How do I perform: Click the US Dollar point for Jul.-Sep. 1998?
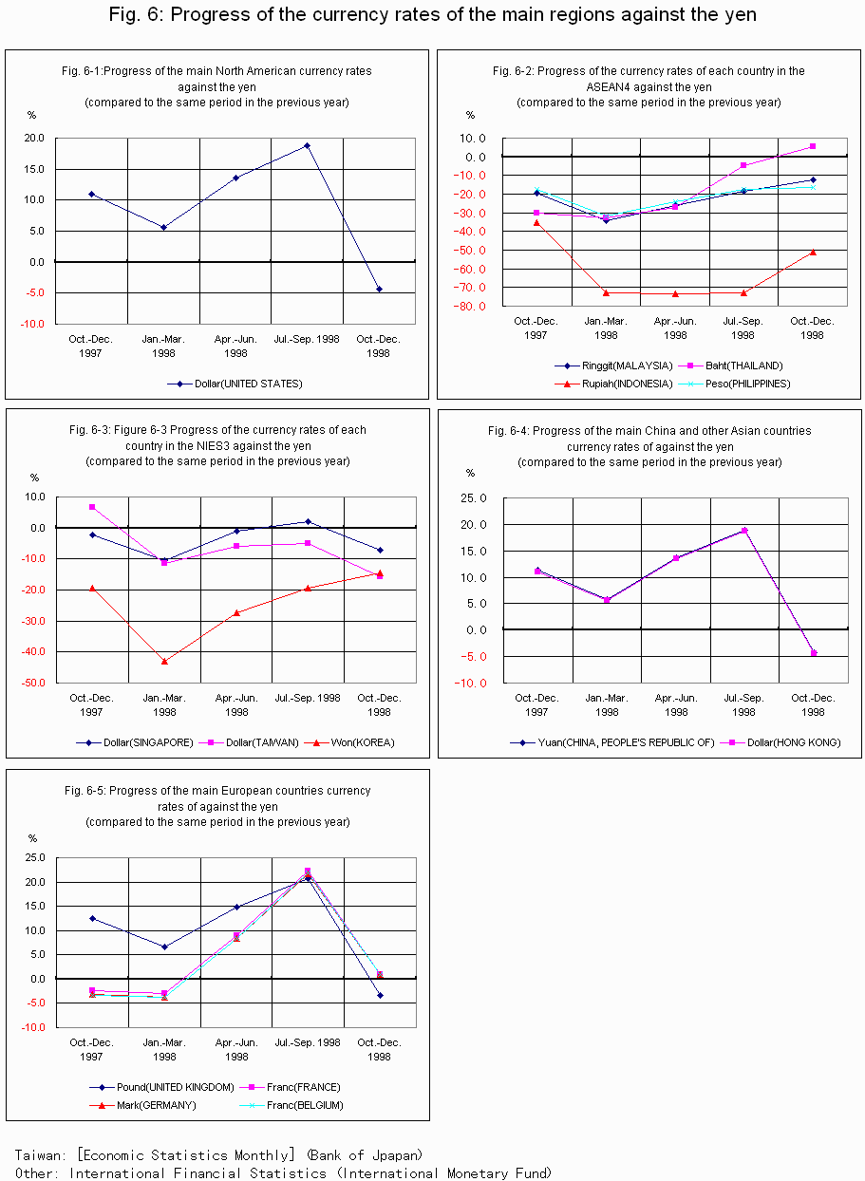coord(307,145)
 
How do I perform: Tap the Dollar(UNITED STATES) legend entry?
coord(235,384)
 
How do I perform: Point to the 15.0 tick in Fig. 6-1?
coord(34,169)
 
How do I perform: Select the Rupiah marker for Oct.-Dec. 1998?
coord(813,252)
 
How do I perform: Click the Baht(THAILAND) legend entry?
coord(730,366)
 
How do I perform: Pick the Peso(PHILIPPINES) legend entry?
coord(734,384)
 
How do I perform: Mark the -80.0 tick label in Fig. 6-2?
coord(469,307)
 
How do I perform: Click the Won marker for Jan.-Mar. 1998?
coord(164,661)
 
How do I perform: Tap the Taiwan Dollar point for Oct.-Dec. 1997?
coord(92,507)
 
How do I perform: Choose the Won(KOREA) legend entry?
coord(349,742)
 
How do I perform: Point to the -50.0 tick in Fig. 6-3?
coord(33,683)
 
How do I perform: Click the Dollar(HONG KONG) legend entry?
coord(780,742)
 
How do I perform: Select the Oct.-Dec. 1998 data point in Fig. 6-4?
coord(814,653)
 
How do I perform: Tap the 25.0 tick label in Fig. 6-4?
coord(473,498)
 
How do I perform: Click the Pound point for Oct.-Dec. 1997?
coord(92,918)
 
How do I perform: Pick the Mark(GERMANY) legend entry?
coord(143,1105)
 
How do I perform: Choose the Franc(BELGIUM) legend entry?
coord(291,1105)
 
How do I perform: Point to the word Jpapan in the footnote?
coord(394,1155)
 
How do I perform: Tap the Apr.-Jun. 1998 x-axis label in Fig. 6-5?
coord(236,1049)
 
